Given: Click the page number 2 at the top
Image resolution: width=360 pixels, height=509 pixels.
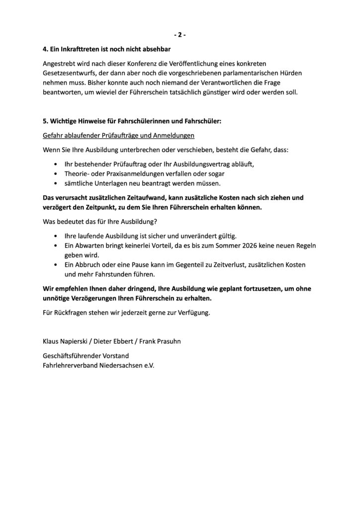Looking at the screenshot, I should pyautogui.click(x=180, y=35).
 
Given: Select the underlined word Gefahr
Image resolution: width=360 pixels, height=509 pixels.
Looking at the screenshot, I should pyautogui.click(x=54, y=135).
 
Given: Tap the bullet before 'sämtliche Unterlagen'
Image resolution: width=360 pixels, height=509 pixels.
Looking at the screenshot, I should pyautogui.click(x=55, y=183).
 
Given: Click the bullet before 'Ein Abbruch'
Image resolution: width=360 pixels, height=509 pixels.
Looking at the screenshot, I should pyautogui.click(x=55, y=264).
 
